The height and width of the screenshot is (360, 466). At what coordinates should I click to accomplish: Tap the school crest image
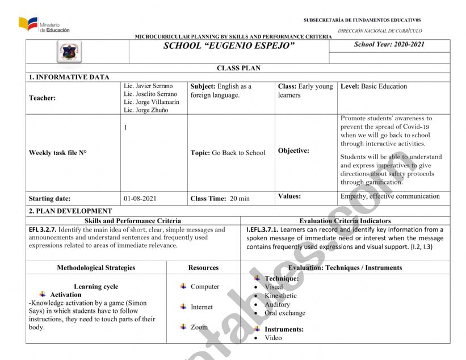click(x=70, y=52)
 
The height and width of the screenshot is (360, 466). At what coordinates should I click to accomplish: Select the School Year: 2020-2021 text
click(x=389, y=45)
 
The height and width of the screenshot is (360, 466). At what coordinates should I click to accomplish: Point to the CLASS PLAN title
click(x=238, y=68)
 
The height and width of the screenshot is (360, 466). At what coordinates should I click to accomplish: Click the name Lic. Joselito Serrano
click(x=150, y=94)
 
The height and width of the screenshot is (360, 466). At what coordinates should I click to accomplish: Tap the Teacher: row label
click(x=43, y=98)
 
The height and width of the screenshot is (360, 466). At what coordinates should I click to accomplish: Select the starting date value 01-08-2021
click(x=140, y=199)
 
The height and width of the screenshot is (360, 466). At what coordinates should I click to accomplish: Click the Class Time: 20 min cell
click(x=220, y=199)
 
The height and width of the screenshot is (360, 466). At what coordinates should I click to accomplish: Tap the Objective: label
click(x=293, y=151)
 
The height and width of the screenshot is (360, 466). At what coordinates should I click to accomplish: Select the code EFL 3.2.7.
click(x=42, y=230)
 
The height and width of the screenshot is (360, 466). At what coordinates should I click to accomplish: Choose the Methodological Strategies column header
click(x=96, y=268)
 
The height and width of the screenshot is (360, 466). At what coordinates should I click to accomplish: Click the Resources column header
click(x=203, y=268)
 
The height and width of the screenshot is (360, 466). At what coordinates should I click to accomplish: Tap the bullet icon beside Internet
click(x=183, y=307)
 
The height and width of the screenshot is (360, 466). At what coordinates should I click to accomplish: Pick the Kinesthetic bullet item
click(x=280, y=296)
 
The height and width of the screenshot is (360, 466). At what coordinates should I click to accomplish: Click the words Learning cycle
click(x=96, y=287)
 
